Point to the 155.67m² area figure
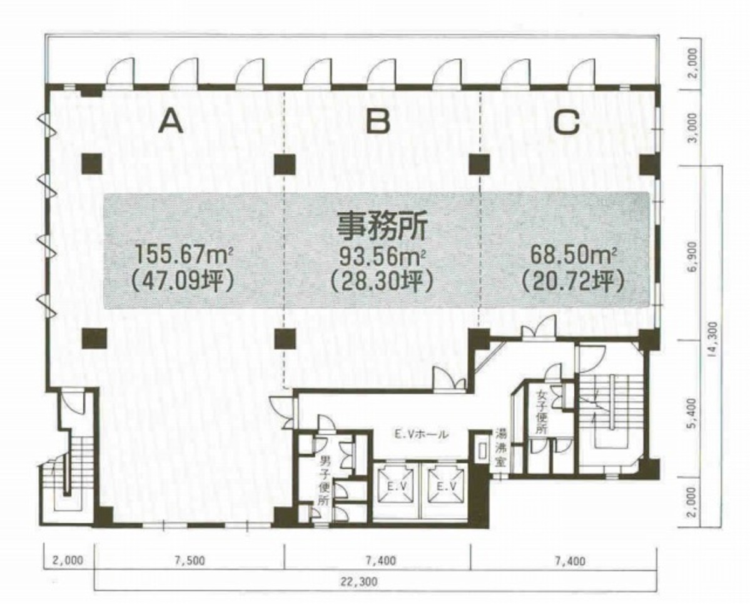pos(184,255)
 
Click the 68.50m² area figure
pos(573,255)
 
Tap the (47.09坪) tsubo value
pos(182,281)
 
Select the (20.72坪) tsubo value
pos(573,281)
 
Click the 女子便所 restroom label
pos(541,412)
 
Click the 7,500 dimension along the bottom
pos(190,560)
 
